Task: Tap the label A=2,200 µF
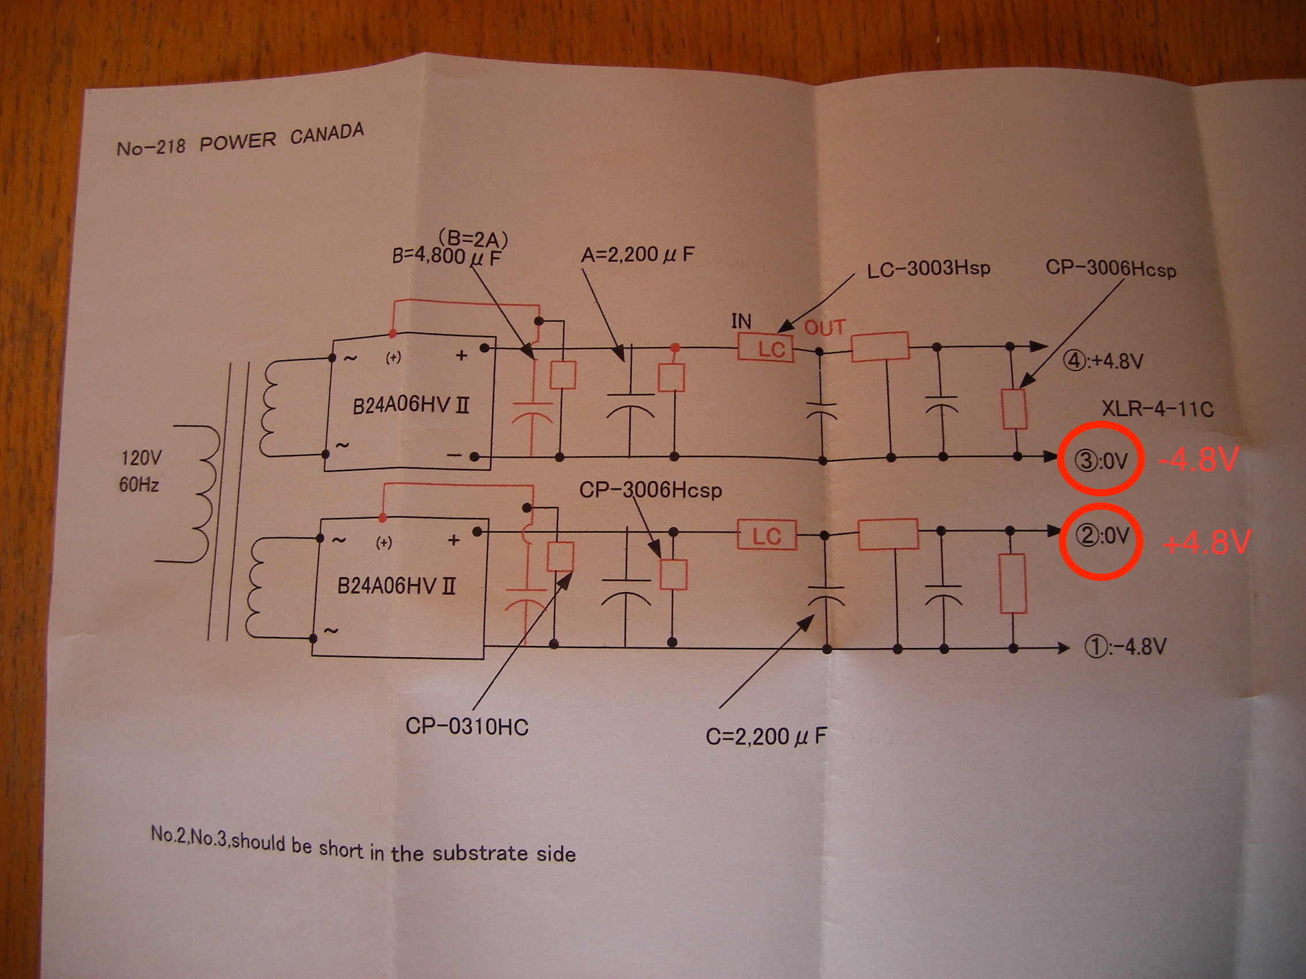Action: [x=637, y=255]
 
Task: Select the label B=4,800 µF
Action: [x=446, y=257]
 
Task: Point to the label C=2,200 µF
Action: [x=766, y=736]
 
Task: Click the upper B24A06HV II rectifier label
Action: [x=411, y=406]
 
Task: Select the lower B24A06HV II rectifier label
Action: [x=396, y=586]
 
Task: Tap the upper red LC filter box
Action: [x=766, y=348]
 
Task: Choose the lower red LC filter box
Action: [x=767, y=535]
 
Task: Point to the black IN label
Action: [x=742, y=322]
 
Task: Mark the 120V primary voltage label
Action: [x=141, y=458]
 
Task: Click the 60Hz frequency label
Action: [x=139, y=485]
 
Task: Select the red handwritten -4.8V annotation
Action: [x=1197, y=460]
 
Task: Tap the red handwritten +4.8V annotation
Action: [x=1206, y=542]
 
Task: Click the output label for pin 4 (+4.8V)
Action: [x=1103, y=360]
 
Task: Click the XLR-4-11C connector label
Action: [x=1157, y=409]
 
